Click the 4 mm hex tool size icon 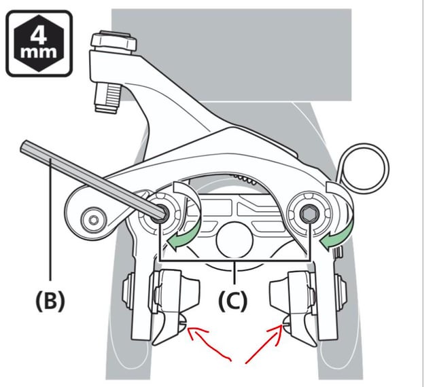tap(39, 43)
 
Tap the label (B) tap(50, 301)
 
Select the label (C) tap(232, 301)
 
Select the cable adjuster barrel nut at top tap(113, 42)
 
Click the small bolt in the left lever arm tap(94, 221)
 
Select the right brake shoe tap(293, 305)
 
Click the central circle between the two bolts tap(234, 240)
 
